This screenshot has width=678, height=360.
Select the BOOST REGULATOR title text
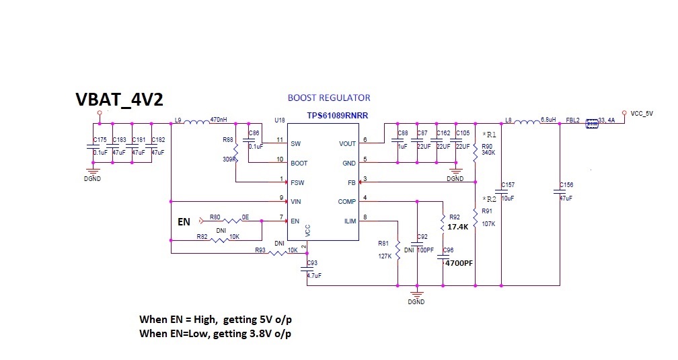pyautogui.click(x=328, y=98)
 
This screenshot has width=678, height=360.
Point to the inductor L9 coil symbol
pyautogui.click(x=196, y=122)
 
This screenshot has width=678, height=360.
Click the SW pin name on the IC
pyautogui.click(x=295, y=143)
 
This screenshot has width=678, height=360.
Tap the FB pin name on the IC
pyautogui.click(x=350, y=182)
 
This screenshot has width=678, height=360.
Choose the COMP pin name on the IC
pyautogui.click(x=346, y=201)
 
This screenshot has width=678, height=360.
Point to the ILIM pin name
pyautogui.click(x=348, y=220)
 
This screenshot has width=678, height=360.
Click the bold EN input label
pyautogui.click(x=184, y=221)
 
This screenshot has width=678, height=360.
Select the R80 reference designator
pyautogui.click(x=215, y=217)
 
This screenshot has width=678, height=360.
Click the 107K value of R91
pyautogui.click(x=488, y=223)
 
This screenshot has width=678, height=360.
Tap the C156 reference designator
pyautogui.click(x=566, y=184)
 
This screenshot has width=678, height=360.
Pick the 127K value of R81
pyautogui.click(x=385, y=256)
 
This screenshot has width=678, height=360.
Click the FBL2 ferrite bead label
pyautogui.click(x=573, y=119)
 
